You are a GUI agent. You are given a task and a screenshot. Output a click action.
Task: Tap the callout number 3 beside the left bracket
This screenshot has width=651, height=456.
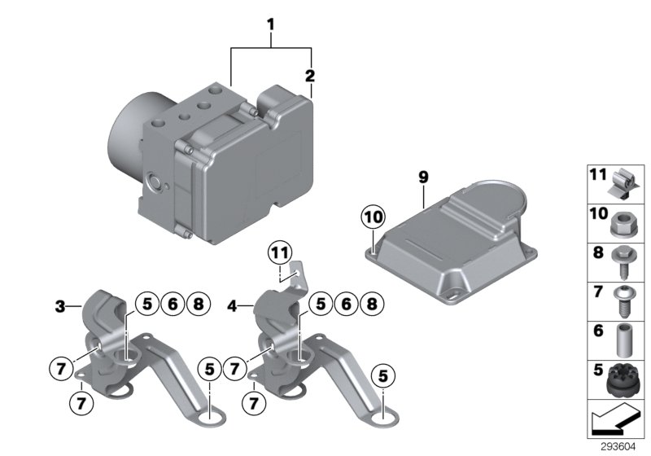[59, 307]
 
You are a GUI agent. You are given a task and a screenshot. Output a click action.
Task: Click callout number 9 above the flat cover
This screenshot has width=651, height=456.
[422, 175]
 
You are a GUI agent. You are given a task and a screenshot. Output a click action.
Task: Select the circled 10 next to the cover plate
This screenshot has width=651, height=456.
[373, 218]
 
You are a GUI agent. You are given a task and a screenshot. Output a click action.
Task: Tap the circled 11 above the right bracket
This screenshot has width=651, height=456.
[281, 253]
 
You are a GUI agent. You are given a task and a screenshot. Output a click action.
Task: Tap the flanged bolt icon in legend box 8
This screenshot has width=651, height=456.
[623, 261]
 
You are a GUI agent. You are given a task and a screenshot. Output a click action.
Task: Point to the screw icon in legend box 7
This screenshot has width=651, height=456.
[623, 300]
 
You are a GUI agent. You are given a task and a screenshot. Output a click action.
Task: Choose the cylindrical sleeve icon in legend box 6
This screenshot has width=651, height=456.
[623, 340]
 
